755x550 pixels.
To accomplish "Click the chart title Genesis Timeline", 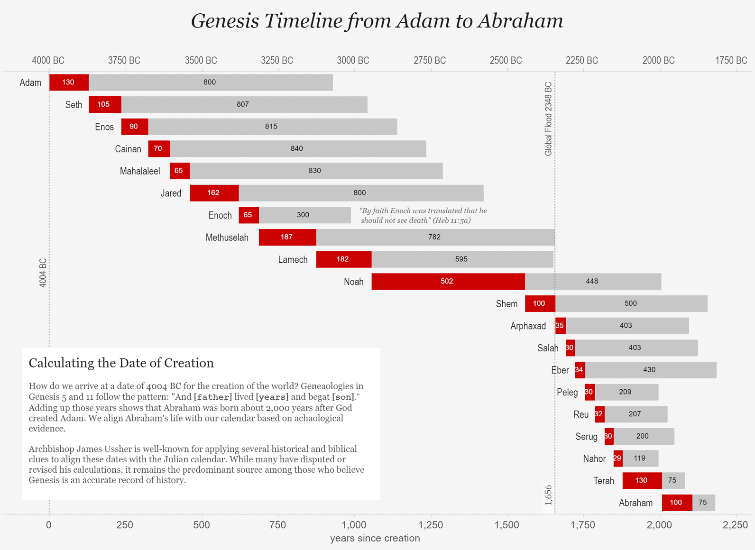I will coord(377,21).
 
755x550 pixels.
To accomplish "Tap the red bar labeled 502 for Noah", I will coord(448,281).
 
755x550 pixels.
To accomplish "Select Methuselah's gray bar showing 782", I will coord(435,237).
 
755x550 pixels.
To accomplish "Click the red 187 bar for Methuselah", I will coord(287,237).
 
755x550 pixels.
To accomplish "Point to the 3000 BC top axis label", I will coord(353,61).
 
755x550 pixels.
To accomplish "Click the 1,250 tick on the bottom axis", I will coord(431,525).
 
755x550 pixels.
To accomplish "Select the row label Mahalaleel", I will coord(140,171).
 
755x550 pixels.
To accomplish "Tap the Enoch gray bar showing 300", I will coord(304,215).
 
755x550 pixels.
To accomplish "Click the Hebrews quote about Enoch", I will coord(423,215).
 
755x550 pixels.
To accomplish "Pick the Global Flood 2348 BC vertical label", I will coord(548,119).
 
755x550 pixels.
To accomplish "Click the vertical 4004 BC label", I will coord(43,273).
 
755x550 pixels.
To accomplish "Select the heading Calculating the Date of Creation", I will coord(121,363).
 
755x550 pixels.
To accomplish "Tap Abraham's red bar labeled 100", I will coord(676,503).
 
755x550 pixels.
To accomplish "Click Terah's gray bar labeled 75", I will coord(672,480).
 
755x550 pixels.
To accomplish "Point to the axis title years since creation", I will coord(375,538).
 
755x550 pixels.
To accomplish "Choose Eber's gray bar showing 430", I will coord(650,370).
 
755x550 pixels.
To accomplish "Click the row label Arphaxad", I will coord(528,326).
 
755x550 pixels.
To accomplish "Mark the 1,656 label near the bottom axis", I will coord(548,495).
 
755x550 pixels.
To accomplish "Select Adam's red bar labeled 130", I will coord(69,82).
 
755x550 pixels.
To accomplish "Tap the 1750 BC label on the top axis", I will coord(731,61).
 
